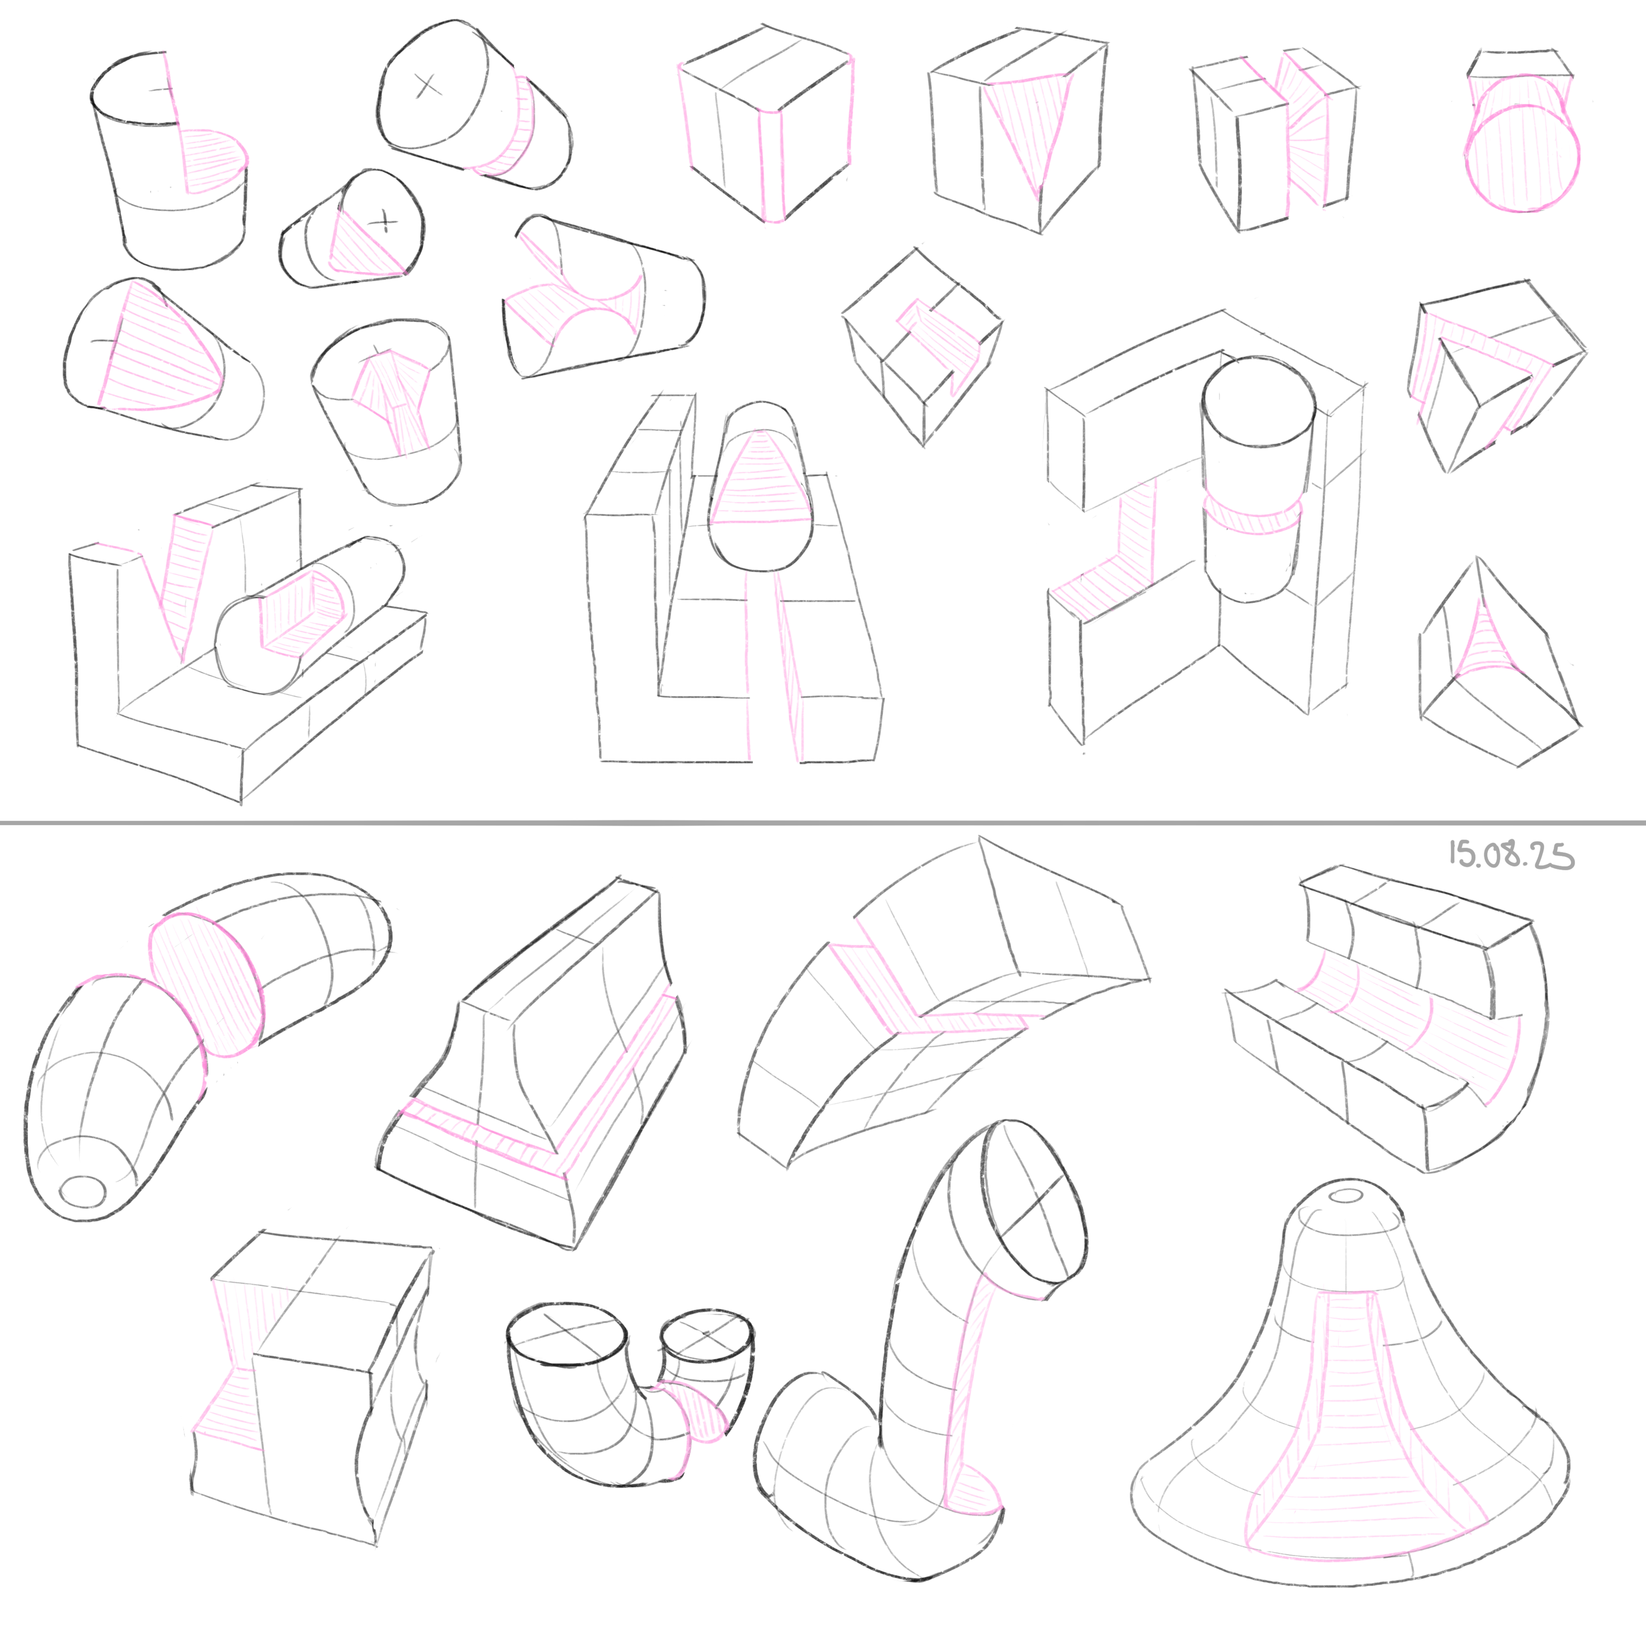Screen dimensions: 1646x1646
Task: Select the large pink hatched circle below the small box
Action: pyautogui.click(x=1522, y=158)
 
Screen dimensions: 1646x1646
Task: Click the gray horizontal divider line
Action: pyautogui.click(x=823, y=823)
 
